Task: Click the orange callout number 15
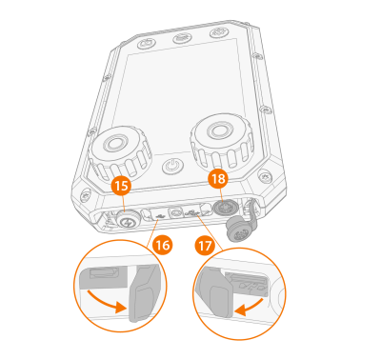[121, 186]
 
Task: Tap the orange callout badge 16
[163, 245]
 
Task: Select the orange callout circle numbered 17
[206, 246]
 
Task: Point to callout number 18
[218, 179]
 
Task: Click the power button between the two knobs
[172, 166]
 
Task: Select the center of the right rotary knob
[220, 130]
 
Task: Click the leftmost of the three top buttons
[146, 43]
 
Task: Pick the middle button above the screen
[181, 38]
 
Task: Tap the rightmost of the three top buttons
[219, 32]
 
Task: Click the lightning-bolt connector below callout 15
[127, 220]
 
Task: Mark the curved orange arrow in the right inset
[250, 306]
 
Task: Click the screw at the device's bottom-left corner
[84, 196]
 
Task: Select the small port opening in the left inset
[105, 272]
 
